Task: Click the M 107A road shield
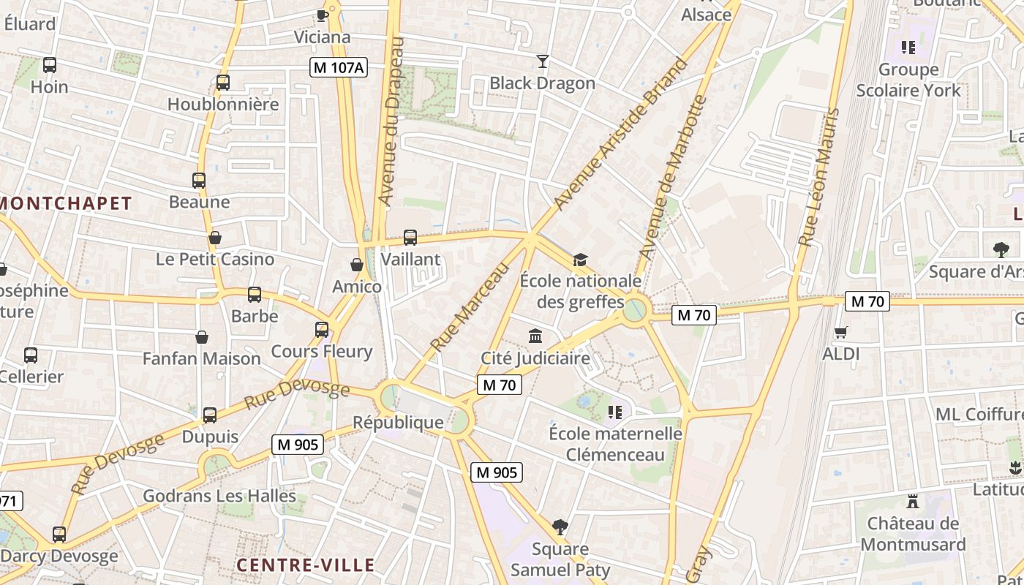338,67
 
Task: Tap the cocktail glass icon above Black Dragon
542,61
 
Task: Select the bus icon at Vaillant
410,237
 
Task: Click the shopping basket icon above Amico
357,264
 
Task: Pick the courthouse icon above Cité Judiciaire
535,336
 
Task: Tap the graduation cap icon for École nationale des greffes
580,260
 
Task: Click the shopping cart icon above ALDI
841,332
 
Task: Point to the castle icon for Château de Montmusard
912,502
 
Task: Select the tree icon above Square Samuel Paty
560,526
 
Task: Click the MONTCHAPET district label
66,203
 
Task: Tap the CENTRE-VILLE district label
306,565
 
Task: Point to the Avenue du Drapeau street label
392,121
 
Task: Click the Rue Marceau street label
469,308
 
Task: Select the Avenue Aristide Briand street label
621,134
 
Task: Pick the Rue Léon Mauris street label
818,178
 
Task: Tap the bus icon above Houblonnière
223,83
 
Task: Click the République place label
398,422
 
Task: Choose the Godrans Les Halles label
219,496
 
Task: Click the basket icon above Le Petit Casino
215,238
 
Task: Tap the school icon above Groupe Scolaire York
908,48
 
